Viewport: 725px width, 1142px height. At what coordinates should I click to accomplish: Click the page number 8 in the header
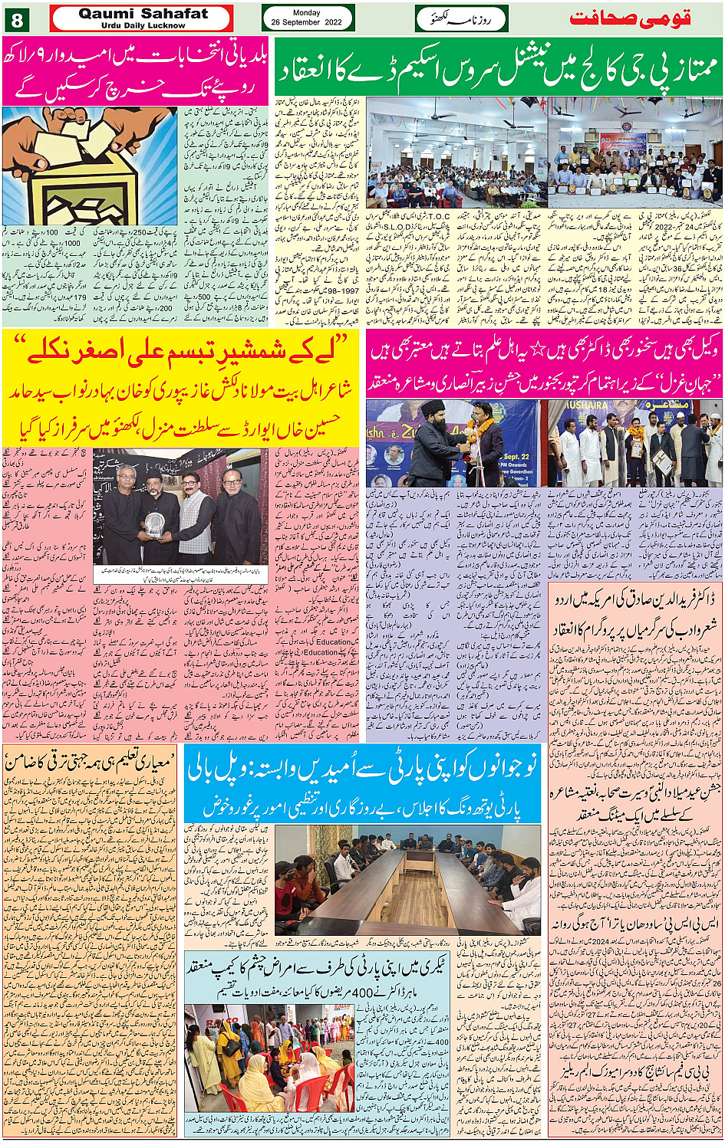point(17,19)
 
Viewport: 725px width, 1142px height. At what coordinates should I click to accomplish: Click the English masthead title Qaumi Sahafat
point(143,13)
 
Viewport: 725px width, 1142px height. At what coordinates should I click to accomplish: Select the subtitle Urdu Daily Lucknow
point(143,25)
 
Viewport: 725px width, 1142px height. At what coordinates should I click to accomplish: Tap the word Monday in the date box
point(307,12)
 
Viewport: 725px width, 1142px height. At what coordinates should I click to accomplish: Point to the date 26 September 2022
point(307,23)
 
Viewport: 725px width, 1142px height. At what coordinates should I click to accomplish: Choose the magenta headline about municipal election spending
point(137,72)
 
